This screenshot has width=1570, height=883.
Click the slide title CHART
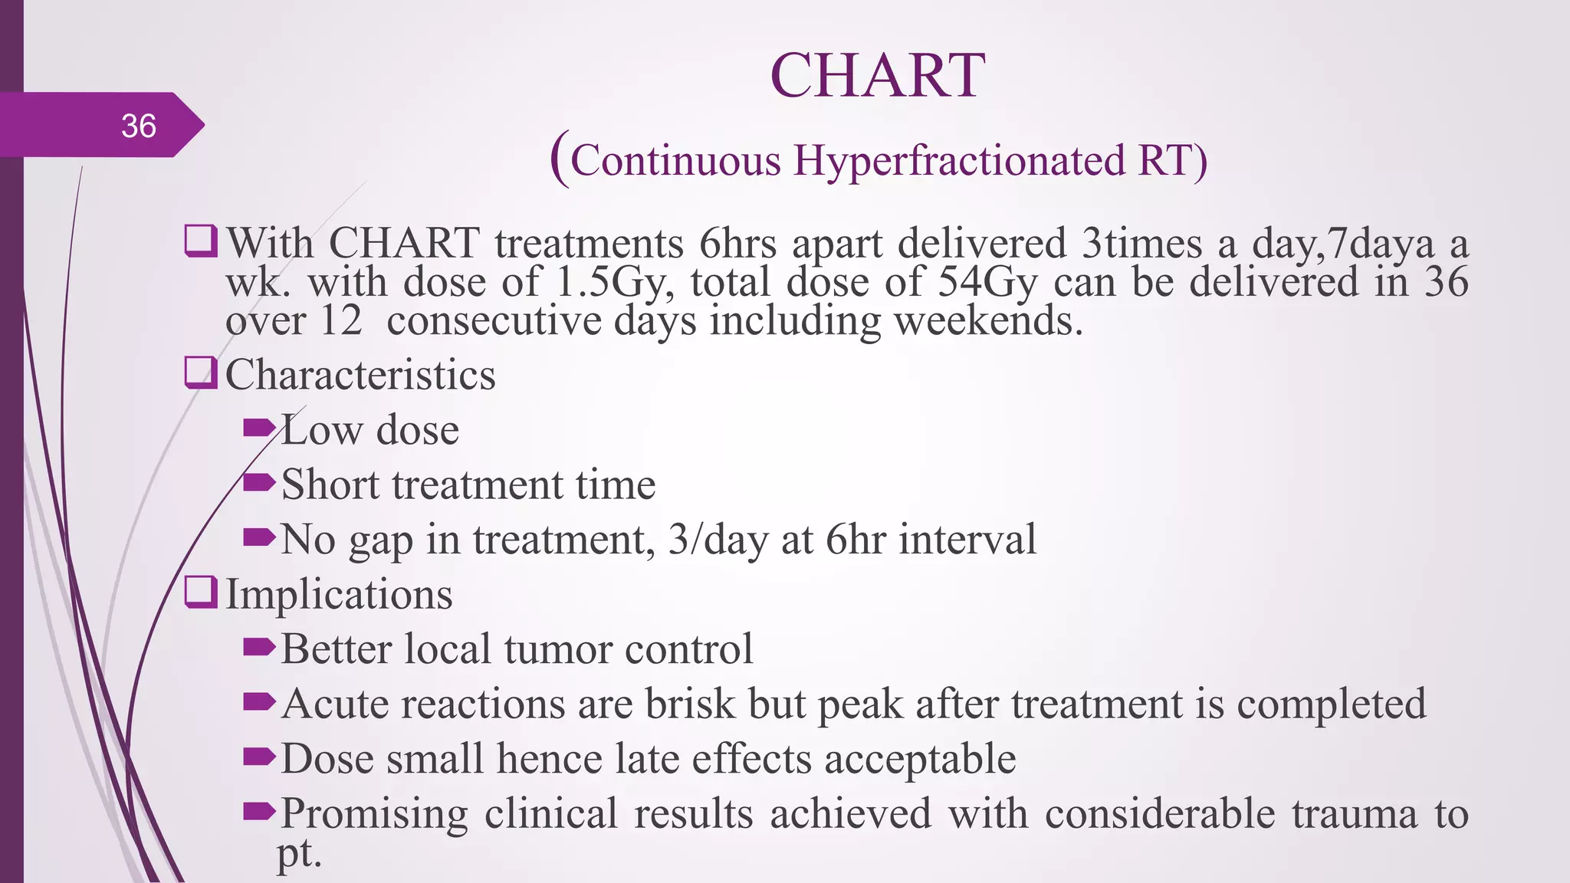[877, 76]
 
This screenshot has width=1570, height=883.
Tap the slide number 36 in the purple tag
[139, 126]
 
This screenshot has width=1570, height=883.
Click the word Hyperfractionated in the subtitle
[958, 161]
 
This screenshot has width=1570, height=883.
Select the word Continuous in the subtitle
[675, 161]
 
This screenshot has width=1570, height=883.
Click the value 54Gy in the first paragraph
[987, 282]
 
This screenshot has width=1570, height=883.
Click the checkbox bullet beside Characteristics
[201, 373]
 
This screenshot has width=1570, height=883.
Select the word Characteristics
[360, 375]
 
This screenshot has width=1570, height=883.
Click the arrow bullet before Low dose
[258, 428]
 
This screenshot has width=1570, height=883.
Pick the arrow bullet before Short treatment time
[258, 483]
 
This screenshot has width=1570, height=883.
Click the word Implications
[339, 595]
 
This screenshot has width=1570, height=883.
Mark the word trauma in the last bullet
[1355, 814]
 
